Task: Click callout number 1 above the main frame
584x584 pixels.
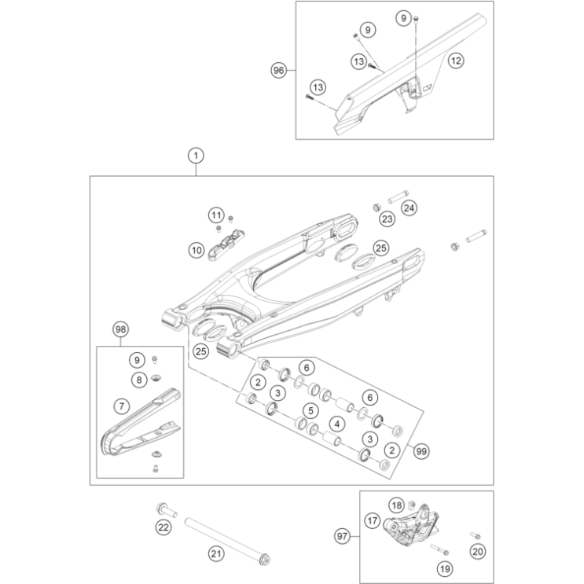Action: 196,156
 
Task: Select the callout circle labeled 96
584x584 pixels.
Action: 279,70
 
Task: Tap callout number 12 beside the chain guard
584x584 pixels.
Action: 456,60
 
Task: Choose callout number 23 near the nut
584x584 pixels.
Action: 387,218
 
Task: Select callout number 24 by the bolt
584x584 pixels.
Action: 408,208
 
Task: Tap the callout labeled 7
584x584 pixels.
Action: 121,406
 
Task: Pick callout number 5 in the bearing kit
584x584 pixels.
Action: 311,410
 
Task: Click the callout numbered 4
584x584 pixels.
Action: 336,424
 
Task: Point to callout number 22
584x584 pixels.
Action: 163,527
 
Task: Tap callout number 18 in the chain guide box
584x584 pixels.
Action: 397,505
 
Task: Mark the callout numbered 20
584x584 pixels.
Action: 477,552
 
